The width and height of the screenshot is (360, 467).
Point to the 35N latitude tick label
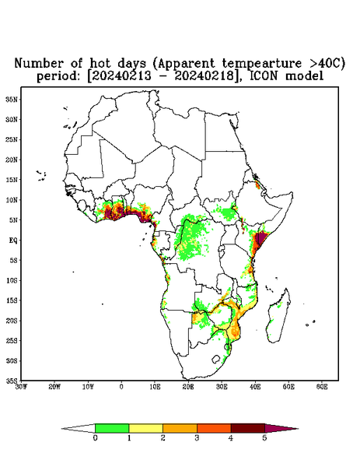[12, 99]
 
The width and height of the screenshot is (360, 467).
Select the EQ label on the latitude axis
[13, 240]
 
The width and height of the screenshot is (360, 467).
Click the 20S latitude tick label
[12, 321]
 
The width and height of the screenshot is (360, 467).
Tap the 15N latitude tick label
[12, 180]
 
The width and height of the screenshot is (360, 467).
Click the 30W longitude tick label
[21, 387]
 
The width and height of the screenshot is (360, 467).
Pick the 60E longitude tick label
[322, 387]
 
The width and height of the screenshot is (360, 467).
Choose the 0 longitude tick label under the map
[121, 387]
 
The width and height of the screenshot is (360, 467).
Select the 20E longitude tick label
[188, 387]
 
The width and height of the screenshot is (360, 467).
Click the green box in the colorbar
[112, 428]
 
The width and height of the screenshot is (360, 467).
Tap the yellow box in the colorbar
[145, 428]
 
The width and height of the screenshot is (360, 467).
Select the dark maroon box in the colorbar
[248, 428]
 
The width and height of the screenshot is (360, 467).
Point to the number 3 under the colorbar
[197, 438]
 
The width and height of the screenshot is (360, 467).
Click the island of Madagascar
[279, 316]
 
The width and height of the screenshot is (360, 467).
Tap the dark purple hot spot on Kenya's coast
[260, 240]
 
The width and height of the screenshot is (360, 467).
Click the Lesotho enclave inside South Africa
[216, 359]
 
